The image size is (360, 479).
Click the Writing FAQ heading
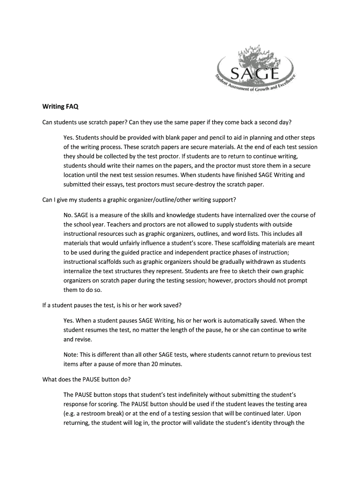pyautogui.click(x=58, y=107)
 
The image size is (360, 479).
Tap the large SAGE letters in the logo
pyautogui.click(x=255, y=73)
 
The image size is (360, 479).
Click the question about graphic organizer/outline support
pyautogui.click(x=139, y=200)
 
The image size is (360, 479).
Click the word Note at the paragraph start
pyautogui.click(x=71, y=355)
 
